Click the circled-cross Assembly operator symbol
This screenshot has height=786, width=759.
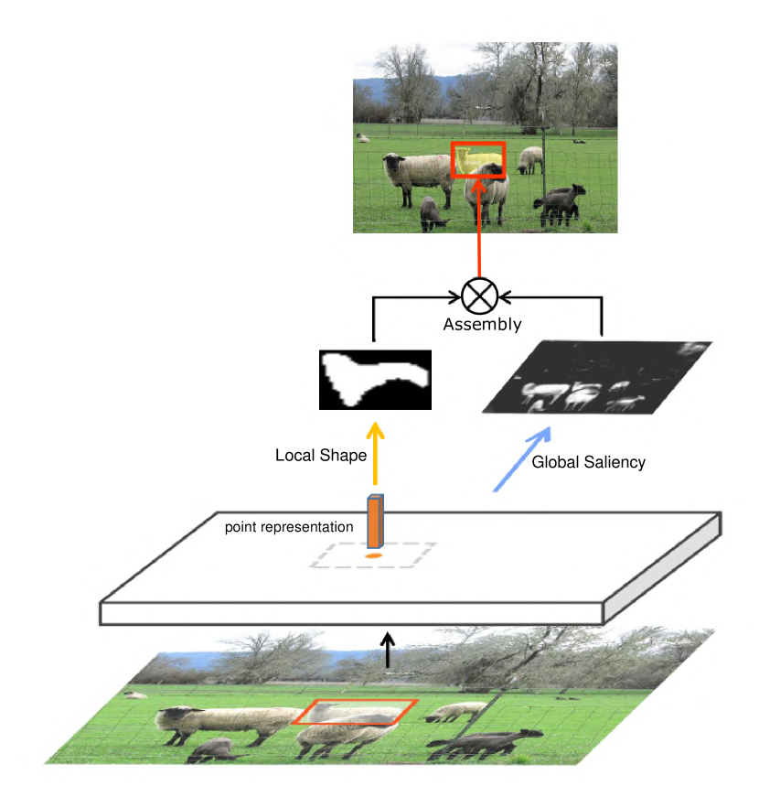(x=476, y=296)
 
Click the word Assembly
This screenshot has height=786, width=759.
(x=482, y=324)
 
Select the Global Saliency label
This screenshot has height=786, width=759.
(x=588, y=462)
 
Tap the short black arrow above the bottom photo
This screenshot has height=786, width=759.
(x=390, y=651)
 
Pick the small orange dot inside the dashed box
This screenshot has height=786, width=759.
(x=372, y=555)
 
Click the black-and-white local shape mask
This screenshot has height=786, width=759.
(x=374, y=380)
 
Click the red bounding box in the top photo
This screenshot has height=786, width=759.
(x=478, y=160)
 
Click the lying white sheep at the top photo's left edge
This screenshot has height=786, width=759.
(x=363, y=138)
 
